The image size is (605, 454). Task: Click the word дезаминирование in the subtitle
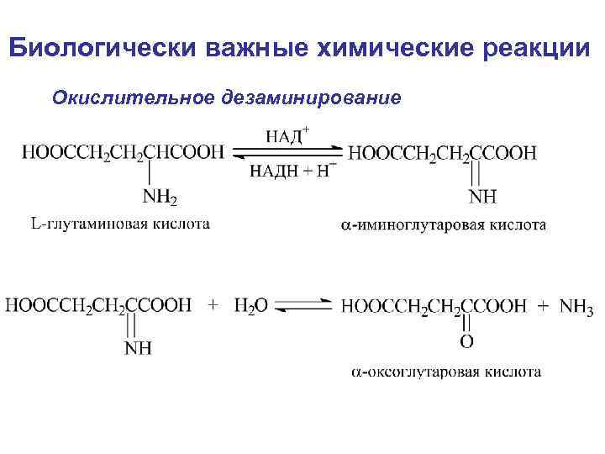click(x=312, y=98)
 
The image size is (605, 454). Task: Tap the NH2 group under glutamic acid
click(x=160, y=198)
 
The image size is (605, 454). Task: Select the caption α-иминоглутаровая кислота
click(x=444, y=224)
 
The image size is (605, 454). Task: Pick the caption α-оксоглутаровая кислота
click(x=445, y=371)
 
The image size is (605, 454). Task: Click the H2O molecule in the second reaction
click(x=251, y=306)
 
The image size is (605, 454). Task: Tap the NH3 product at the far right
click(x=576, y=307)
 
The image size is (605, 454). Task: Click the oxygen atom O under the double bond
click(x=466, y=341)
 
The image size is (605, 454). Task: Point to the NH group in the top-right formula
click(x=483, y=198)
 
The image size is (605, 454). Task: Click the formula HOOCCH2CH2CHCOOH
click(x=123, y=152)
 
